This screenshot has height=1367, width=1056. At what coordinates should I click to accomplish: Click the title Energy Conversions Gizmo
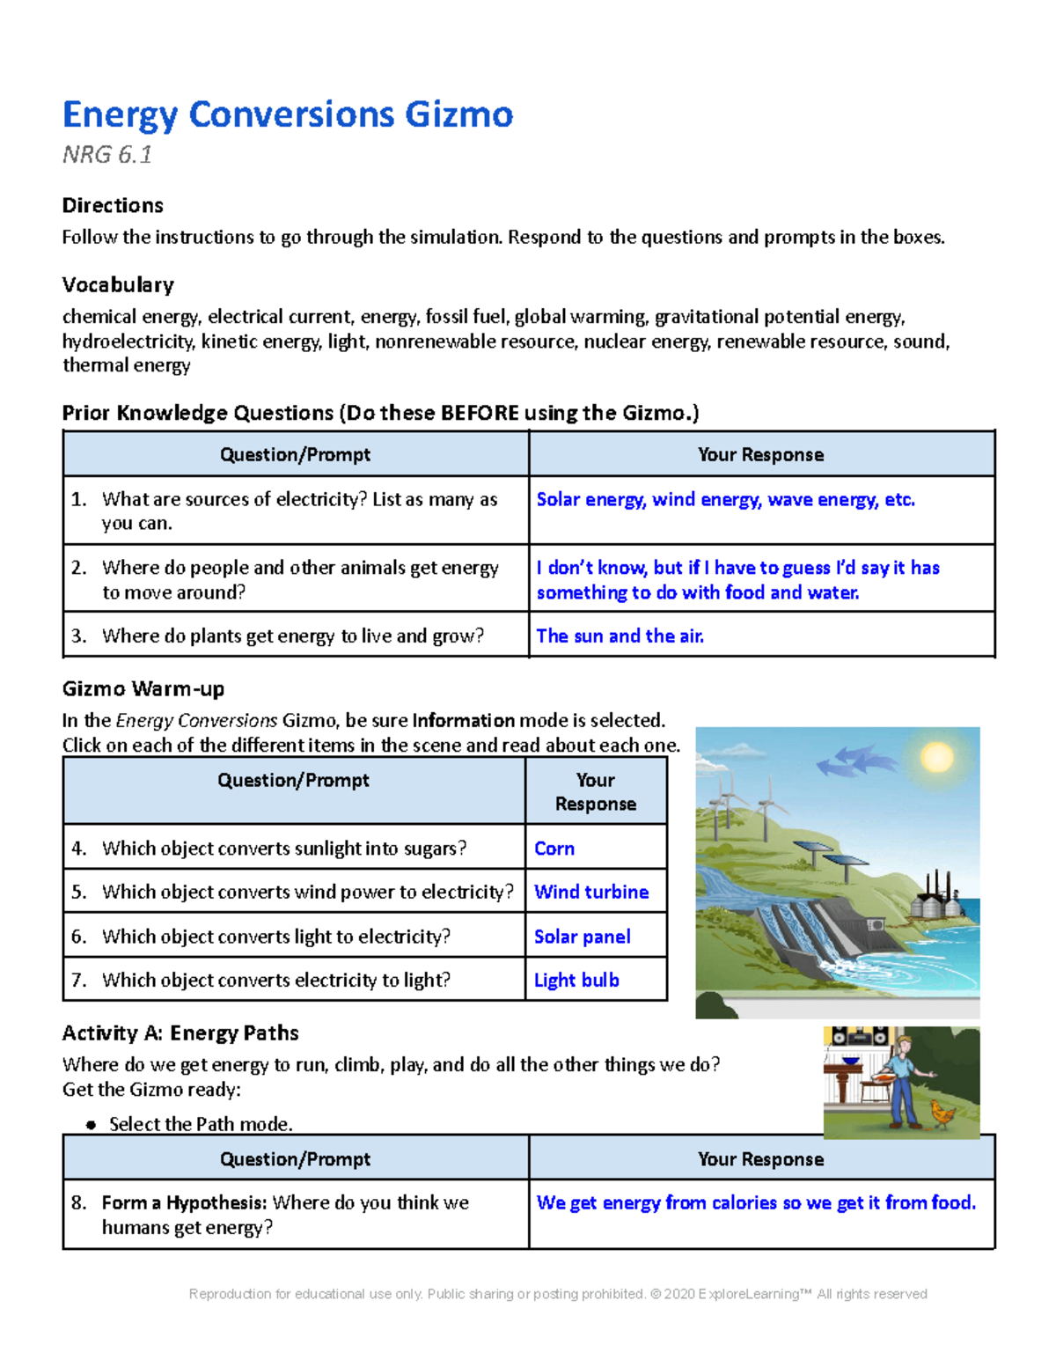(287, 114)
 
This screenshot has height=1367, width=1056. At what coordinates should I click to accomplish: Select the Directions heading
(113, 205)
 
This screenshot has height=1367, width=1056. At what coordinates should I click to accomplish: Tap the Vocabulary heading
(118, 284)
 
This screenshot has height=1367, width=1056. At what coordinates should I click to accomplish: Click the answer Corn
(554, 849)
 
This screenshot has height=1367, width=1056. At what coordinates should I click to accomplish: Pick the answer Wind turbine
(591, 892)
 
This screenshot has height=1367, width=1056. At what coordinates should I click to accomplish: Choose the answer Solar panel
(582, 937)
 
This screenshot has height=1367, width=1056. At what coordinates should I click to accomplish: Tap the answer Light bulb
(576, 980)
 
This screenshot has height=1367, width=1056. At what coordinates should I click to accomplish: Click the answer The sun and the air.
(620, 636)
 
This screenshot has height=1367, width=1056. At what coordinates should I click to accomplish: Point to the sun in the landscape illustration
(935, 756)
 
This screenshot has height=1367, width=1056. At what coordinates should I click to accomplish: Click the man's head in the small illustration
(902, 1044)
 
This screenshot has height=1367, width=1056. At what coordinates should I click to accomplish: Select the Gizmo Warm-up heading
(143, 688)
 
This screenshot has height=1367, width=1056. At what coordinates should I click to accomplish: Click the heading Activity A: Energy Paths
(180, 1033)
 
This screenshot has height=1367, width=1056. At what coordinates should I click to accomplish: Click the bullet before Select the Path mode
(90, 1125)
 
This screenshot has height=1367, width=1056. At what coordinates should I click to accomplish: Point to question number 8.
(79, 1202)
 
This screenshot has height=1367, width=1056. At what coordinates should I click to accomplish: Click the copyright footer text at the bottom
(558, 1294)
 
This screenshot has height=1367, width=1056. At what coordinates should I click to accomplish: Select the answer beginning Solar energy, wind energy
(725, 499)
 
